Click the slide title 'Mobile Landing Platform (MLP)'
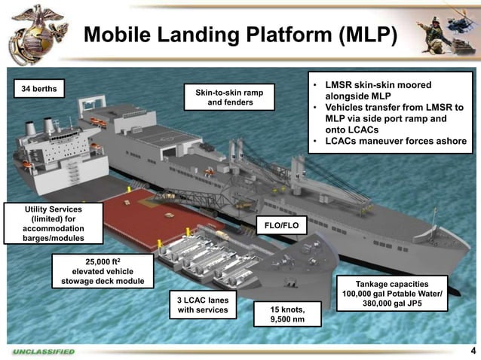click(240, 35)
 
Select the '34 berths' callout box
click(38, 90)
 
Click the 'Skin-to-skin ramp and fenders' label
click(229, 96)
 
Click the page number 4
click(472, 352)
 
